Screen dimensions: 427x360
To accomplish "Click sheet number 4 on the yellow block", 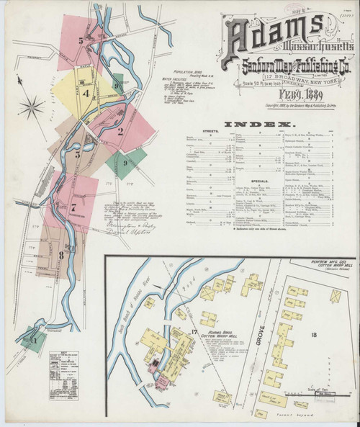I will [86, 93].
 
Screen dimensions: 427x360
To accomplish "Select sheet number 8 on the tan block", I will [62, 254].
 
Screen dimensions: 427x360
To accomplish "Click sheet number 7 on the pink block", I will [73, 207].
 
